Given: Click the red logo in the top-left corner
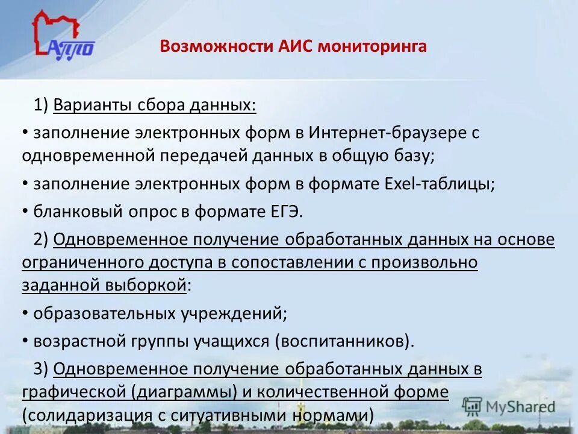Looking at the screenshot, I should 63,37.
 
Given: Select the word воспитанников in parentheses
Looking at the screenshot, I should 342,341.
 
